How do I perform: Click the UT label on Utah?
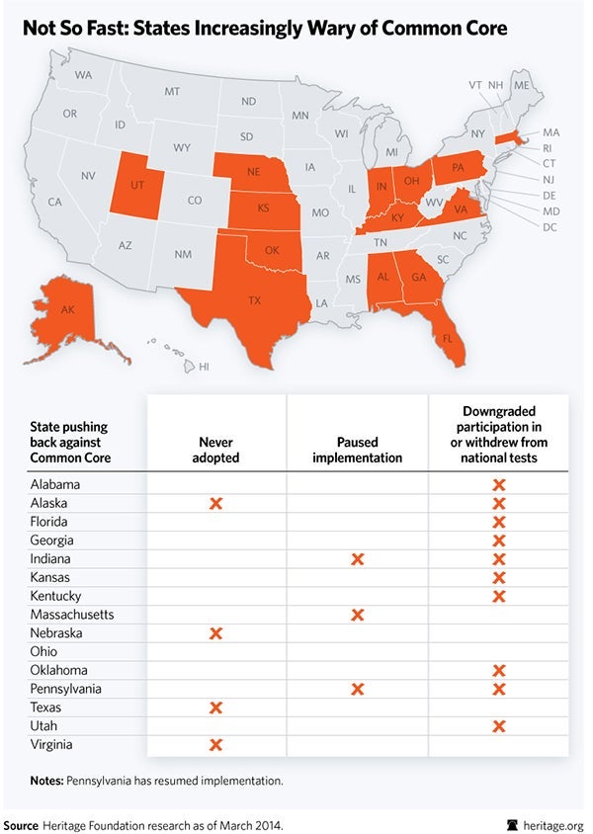138,185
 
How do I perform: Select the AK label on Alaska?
68,310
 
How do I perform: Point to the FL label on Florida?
447,338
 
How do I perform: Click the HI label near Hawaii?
205,366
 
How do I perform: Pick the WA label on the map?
83,75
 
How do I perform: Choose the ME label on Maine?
522,86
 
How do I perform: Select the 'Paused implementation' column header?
357,451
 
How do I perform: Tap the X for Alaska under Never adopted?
216,503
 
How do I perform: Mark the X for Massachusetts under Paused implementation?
358,615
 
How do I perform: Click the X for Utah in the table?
499,726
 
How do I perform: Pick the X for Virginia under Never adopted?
216,745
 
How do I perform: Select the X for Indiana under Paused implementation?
358,559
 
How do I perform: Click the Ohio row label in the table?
43,652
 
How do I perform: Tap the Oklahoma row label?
57,670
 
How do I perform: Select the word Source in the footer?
21,822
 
